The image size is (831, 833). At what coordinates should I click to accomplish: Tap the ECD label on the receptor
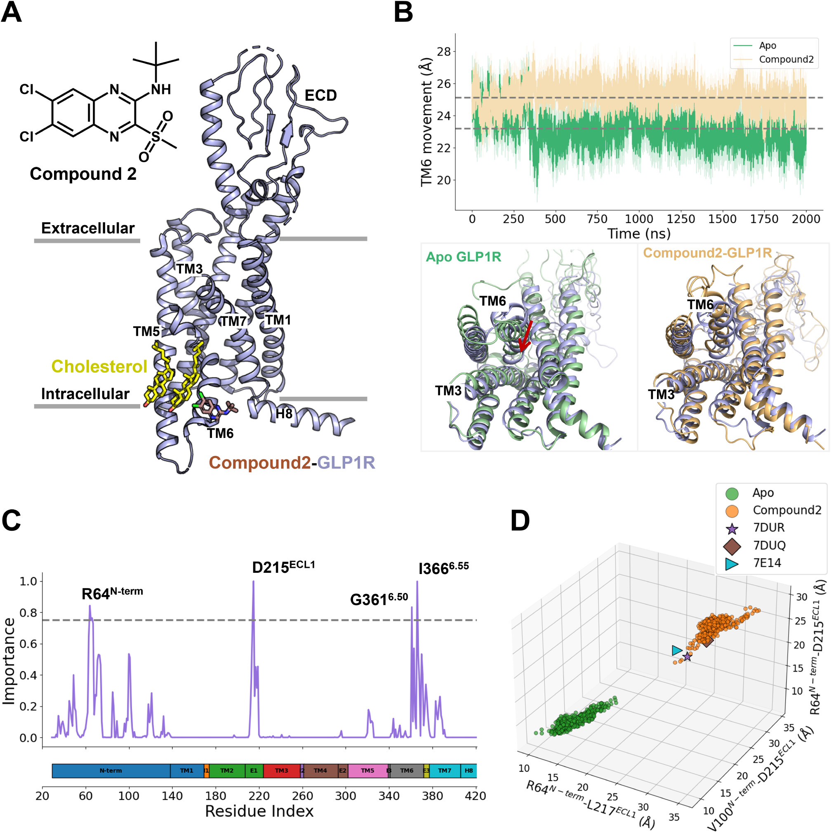pos(320,95)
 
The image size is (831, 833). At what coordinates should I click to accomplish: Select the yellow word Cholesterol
pos(99,367)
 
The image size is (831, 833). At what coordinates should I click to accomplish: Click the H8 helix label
pos(284,414)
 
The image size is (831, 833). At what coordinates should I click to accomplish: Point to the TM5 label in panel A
pos(146,331)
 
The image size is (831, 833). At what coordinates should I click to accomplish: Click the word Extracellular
pos(87,228)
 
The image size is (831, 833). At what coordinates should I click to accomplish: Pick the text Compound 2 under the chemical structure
pos(83,174)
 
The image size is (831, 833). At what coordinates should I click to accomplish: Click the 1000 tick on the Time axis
pos(639,219)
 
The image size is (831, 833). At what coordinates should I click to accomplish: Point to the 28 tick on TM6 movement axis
pos(444,52)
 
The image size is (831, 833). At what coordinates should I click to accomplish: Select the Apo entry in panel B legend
pos(767,46)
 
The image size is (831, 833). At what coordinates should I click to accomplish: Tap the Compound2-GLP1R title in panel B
pos(707,253)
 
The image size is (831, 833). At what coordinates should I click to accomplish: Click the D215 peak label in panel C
pos(283,567)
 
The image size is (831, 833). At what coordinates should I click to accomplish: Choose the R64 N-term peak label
pos(112,594)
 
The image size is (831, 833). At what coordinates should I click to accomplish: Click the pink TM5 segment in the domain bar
pos(367,770)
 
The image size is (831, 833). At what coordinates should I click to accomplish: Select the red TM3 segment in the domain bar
pos(281,770)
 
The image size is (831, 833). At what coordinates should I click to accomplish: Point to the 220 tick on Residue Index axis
pos(259,796)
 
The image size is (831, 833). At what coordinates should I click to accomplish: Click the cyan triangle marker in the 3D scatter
pos(677,651)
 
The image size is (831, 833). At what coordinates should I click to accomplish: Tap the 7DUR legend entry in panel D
pos(768,527)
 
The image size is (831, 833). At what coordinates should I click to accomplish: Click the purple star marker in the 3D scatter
pos(687,657)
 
